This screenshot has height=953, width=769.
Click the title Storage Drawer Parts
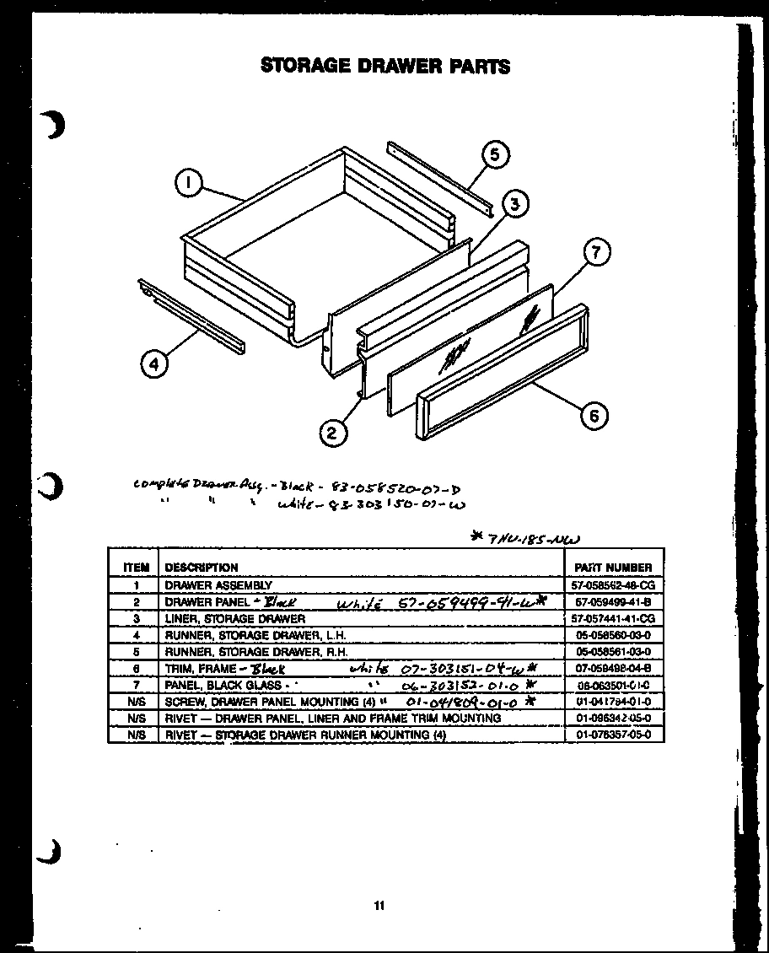point(384,66)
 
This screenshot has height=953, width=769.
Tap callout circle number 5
point(495,155)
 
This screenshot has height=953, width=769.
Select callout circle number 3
point(516,203)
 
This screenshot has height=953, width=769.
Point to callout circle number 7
point(596,253)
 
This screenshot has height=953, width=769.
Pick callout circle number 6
point(594,416)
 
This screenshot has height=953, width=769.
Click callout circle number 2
point(332,433)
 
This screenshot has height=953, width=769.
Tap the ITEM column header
point(135,568)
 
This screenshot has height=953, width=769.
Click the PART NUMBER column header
point(612,568)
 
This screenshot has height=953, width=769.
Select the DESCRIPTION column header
point(202,568)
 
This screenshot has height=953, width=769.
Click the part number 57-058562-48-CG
point(613,584)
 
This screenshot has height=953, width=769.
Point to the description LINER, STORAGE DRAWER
point(234,618)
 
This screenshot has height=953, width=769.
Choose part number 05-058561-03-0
point(613,652)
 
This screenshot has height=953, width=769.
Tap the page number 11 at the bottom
point(379,906)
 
